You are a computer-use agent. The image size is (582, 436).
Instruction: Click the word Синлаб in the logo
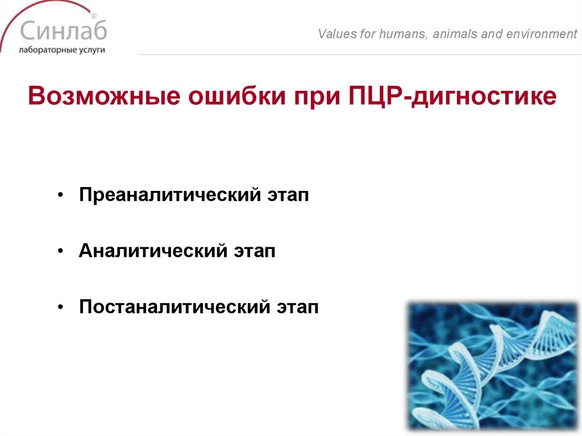point(62,30)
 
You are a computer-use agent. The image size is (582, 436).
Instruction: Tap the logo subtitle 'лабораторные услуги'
point(61,49)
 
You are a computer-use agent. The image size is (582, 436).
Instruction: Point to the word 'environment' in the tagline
point(537,34)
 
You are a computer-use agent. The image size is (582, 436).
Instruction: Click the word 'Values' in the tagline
point(336,34)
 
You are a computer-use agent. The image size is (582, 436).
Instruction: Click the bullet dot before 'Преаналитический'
point(61,196)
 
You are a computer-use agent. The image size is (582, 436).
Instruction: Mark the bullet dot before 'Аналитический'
point(61,252)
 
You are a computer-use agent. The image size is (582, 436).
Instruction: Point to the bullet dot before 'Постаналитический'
point(61,308)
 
